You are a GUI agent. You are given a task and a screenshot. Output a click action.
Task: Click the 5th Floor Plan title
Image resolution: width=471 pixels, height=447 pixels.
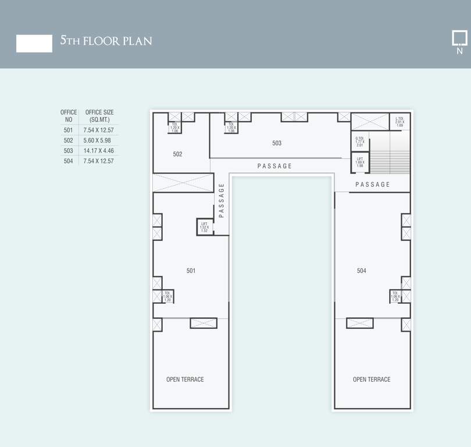(x=106, y=41)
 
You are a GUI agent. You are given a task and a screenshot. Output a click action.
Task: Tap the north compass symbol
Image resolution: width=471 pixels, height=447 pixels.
(x=459, y=42)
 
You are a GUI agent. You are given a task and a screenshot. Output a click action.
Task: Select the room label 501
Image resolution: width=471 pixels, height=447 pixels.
(x=191, y=271)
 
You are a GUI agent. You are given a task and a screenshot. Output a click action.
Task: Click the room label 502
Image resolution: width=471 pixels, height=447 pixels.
(x=177, y=154)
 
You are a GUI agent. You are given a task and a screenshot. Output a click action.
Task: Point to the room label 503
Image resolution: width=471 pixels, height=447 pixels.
(x=277, y=143)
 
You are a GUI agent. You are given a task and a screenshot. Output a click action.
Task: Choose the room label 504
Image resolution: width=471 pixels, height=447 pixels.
(x=362, y=271)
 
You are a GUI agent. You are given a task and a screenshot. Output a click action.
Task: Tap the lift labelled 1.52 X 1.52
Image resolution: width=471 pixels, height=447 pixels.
(x=205, y=227)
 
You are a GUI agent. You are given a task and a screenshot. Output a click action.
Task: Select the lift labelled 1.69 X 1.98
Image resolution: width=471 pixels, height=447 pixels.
(x=360, y=162)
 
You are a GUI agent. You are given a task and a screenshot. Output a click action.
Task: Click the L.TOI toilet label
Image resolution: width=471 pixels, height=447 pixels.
(x=399, y=122)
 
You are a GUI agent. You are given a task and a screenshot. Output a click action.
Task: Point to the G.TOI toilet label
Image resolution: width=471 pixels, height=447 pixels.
(x=359, y=141)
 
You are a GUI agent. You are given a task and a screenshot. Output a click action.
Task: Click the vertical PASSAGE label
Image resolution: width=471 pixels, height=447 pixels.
(x=222, y=200)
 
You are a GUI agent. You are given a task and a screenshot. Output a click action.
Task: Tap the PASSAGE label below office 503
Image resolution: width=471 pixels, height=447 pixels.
(x=274, y=166)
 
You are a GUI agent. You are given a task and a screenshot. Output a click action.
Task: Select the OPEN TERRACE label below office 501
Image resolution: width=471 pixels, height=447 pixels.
(x=185, y=379)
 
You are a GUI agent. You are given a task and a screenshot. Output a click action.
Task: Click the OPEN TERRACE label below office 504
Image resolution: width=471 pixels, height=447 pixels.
(x=372, y=379)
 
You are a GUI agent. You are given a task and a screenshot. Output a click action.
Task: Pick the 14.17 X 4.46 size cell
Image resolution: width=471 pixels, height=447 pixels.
(x=99, y=151)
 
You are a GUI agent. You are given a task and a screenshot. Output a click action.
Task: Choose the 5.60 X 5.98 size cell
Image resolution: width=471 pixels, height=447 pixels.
(x=97, y=141)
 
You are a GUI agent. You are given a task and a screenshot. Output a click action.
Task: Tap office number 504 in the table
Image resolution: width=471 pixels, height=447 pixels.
(x=69, y=161)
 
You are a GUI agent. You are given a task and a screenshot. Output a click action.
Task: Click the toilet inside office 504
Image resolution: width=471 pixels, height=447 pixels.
(x=395, y=296)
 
